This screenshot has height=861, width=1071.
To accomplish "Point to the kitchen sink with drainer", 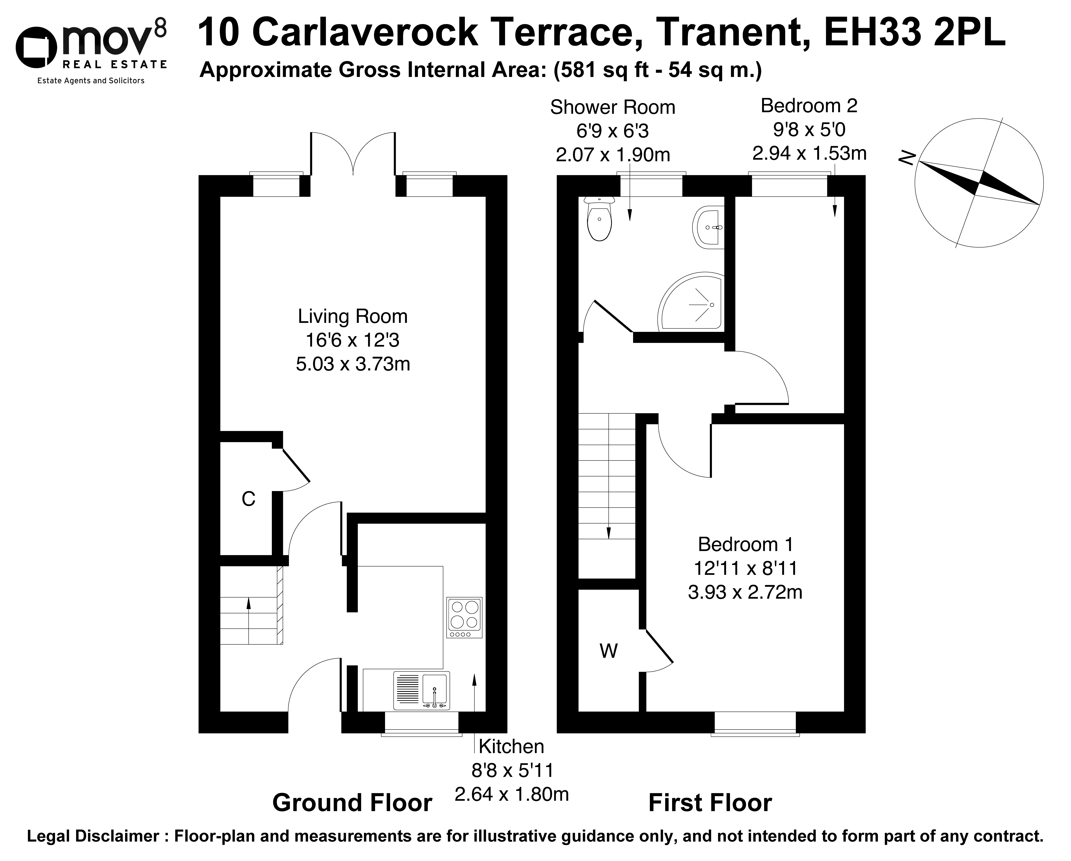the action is pyautogui.click(x=422, y=690).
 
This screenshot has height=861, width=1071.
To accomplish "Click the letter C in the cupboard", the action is pyautogui.click(x=248, y=499).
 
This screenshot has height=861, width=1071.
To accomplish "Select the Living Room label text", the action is pyautogui.click(x=353, y=316).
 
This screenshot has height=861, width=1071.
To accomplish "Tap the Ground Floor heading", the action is pyautogui.click(x=352, y=803).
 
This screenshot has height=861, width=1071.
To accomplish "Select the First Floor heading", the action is pyautogui.click(x=710, y=803).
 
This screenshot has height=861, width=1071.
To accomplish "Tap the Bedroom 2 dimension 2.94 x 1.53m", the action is pyautogui.click(x=809, y=153).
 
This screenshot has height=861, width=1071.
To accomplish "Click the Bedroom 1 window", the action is pyautogui.click(x=755, y=724).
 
